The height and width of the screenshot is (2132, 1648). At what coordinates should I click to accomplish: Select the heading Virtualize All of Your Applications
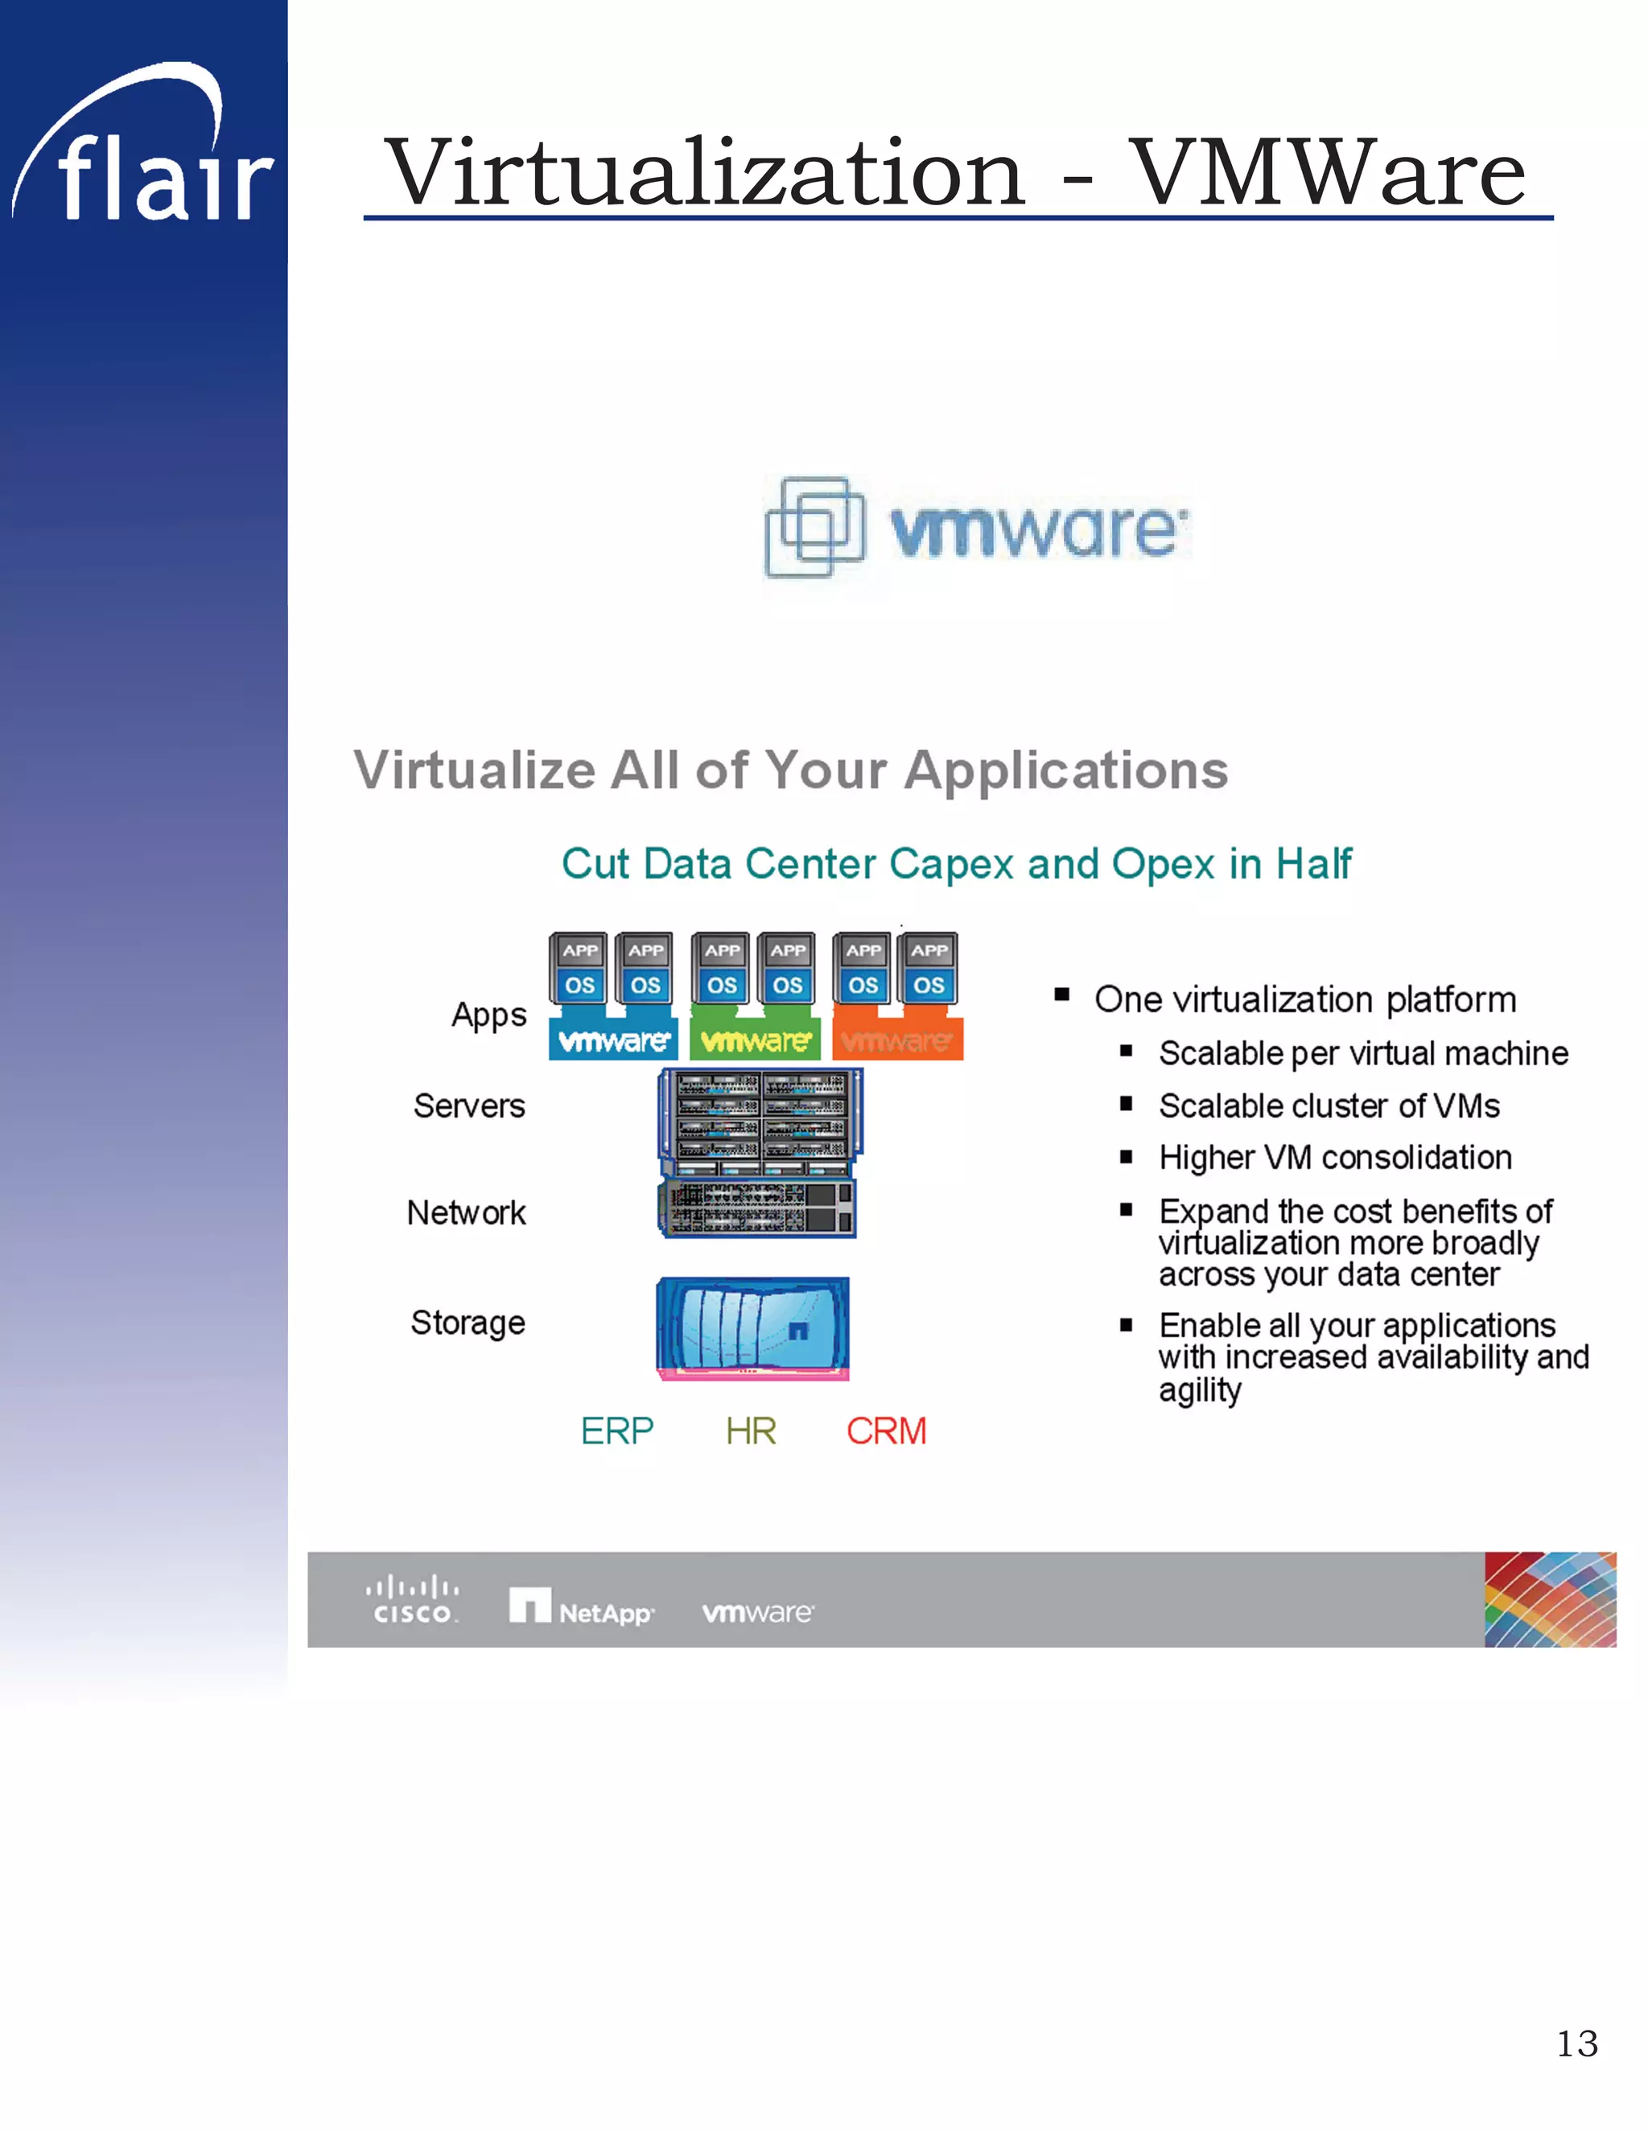(x=791, y=769)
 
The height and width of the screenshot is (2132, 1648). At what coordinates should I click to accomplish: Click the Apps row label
(x=488, y=1015)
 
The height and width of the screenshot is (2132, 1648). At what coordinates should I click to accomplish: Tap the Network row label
(x=466, y=1212)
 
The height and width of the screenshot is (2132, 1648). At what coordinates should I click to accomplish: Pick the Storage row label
(x=468, y=1323)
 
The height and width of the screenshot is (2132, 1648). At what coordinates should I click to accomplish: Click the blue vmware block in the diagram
(x=613, y=1040)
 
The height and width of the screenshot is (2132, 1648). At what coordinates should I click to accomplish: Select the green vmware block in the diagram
(x=755, y=1040)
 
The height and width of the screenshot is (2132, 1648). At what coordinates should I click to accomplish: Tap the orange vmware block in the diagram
(x=897, y=1040)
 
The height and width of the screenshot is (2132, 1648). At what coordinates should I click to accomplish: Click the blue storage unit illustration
(x=752, y=1327)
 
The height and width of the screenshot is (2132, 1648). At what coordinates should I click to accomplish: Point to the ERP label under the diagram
(x=616, y=1431)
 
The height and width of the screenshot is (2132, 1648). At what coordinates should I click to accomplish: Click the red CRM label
(x=885, y=1431)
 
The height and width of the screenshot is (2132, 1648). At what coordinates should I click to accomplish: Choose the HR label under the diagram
(x=751, y=1431)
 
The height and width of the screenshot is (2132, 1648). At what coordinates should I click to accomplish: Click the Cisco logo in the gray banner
(x=412, y=1601)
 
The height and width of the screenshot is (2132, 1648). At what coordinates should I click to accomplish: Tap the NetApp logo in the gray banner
(x=581, y=1607)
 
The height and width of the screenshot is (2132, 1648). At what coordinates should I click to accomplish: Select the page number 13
(x=1576, y=2044)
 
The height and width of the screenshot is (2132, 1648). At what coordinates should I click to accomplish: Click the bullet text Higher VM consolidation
(x=1335, y=1158)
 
